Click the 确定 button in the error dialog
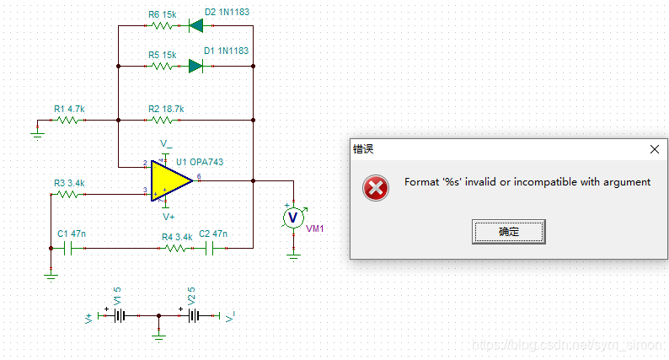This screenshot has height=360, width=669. pyautogui.click(x=509, y=231)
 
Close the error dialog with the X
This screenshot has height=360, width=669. pyautogui.click(x=655, y=148)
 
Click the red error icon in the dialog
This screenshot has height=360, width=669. pyautogui.click(x=376, y=187)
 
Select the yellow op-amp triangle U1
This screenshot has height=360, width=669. pyautogui.click(x=171, y=180)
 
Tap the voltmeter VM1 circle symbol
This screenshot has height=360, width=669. pyautogui.click(x=293, y=218)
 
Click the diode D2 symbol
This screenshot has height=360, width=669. pyautogui.click(x=197, y=25)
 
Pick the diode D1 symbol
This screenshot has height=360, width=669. pyautogui.click(x=197, y=66)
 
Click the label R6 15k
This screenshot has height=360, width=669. pyautogui.click(x=162, y=13)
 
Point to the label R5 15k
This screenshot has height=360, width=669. pyautogui.click(x=162, y=54)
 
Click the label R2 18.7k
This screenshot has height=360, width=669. pyautogui.click(x=166, y=109)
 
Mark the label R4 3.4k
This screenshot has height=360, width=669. pyautogui.click(x=177, y=237)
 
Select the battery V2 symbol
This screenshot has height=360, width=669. pyautogui.click(x=195, y=316)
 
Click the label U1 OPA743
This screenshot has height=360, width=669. pyautogui.click(x=200, y=162)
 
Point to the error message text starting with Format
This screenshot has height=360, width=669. pyautogui.click(x=527, y=182)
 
